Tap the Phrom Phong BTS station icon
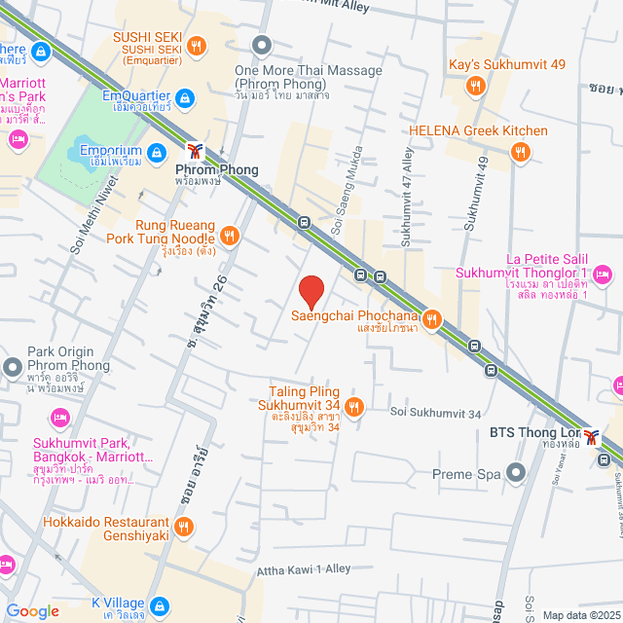(x=197, y=152)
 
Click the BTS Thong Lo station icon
(x=590, y=434)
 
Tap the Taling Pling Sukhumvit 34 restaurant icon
(x=354, y=407)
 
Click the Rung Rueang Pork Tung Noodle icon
(x=230, y=235)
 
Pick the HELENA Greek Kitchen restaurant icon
(x=520, y=151)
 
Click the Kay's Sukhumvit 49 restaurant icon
(x=476, y=87)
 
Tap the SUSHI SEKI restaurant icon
(x=197, y=45)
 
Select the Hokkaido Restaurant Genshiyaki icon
(x=185, y=527)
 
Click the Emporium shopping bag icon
(x=157, y=152)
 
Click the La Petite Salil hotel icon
(x=603, y=273)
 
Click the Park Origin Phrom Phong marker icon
(x=13, y=368)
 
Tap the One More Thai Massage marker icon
(x=261, y=45)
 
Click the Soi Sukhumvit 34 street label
(x=435, y=413)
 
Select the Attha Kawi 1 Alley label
(x=302, y=569)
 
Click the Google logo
(x=33, y=610)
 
